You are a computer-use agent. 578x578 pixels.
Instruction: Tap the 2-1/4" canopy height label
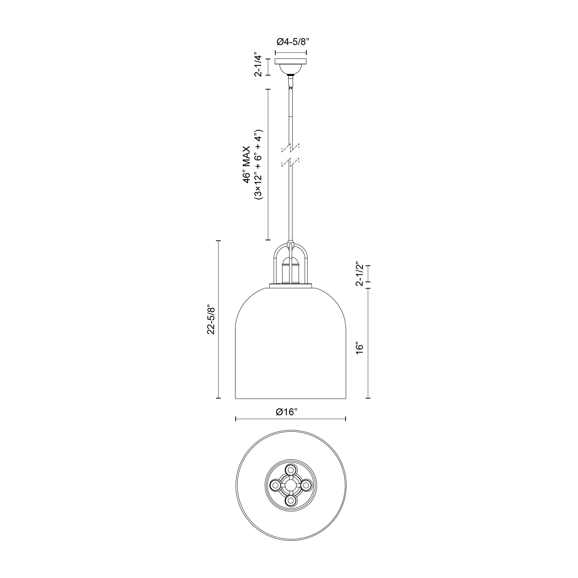(x=258, y=66)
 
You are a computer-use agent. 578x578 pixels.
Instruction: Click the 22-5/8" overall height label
(x=212, y=320)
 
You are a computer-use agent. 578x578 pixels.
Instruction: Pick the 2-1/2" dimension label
(x=360, y=274)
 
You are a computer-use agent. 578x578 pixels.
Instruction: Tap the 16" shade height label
(x=360, y=348)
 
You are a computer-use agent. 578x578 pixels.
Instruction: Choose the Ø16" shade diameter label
(x=287, y=412)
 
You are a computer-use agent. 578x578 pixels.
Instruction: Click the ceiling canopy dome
(x=290, y=69)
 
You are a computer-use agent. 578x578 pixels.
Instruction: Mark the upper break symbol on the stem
(x=290, y=147)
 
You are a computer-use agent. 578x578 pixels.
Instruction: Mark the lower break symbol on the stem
(x=290, y=163)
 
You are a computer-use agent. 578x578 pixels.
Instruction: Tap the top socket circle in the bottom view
(x=290, y=469)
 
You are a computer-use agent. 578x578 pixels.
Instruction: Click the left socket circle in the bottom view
(x=275, y=485)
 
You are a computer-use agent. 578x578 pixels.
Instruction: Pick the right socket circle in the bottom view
(x=306, y=485)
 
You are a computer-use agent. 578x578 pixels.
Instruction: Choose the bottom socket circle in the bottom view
(x=290, y=500)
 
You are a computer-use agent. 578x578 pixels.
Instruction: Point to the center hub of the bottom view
(x=290, y=485)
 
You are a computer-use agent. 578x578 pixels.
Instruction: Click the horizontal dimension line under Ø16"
(x=290, y=419)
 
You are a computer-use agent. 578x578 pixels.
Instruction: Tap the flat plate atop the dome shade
(x=290, y=286)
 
